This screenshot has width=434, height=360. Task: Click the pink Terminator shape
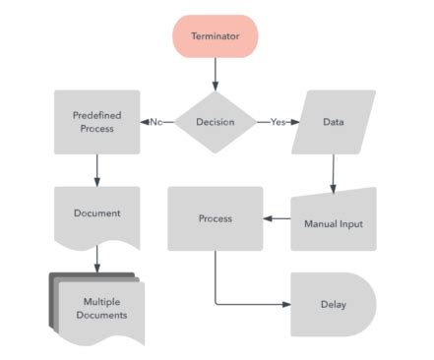216,35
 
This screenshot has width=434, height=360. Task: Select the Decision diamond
216,122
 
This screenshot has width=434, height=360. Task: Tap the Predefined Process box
97,122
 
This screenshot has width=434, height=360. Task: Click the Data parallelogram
334,122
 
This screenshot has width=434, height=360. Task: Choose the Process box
216,218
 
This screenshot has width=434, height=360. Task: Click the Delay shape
334,304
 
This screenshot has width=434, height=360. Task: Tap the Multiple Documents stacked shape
99,309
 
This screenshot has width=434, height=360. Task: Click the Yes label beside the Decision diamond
278,122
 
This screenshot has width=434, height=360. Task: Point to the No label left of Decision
155,122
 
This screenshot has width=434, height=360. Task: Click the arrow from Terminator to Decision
216,73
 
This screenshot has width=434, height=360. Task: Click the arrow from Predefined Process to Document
97,169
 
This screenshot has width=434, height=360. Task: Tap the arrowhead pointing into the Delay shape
286,304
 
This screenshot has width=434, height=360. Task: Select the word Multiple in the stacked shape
102,302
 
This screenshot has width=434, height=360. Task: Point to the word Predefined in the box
97,115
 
